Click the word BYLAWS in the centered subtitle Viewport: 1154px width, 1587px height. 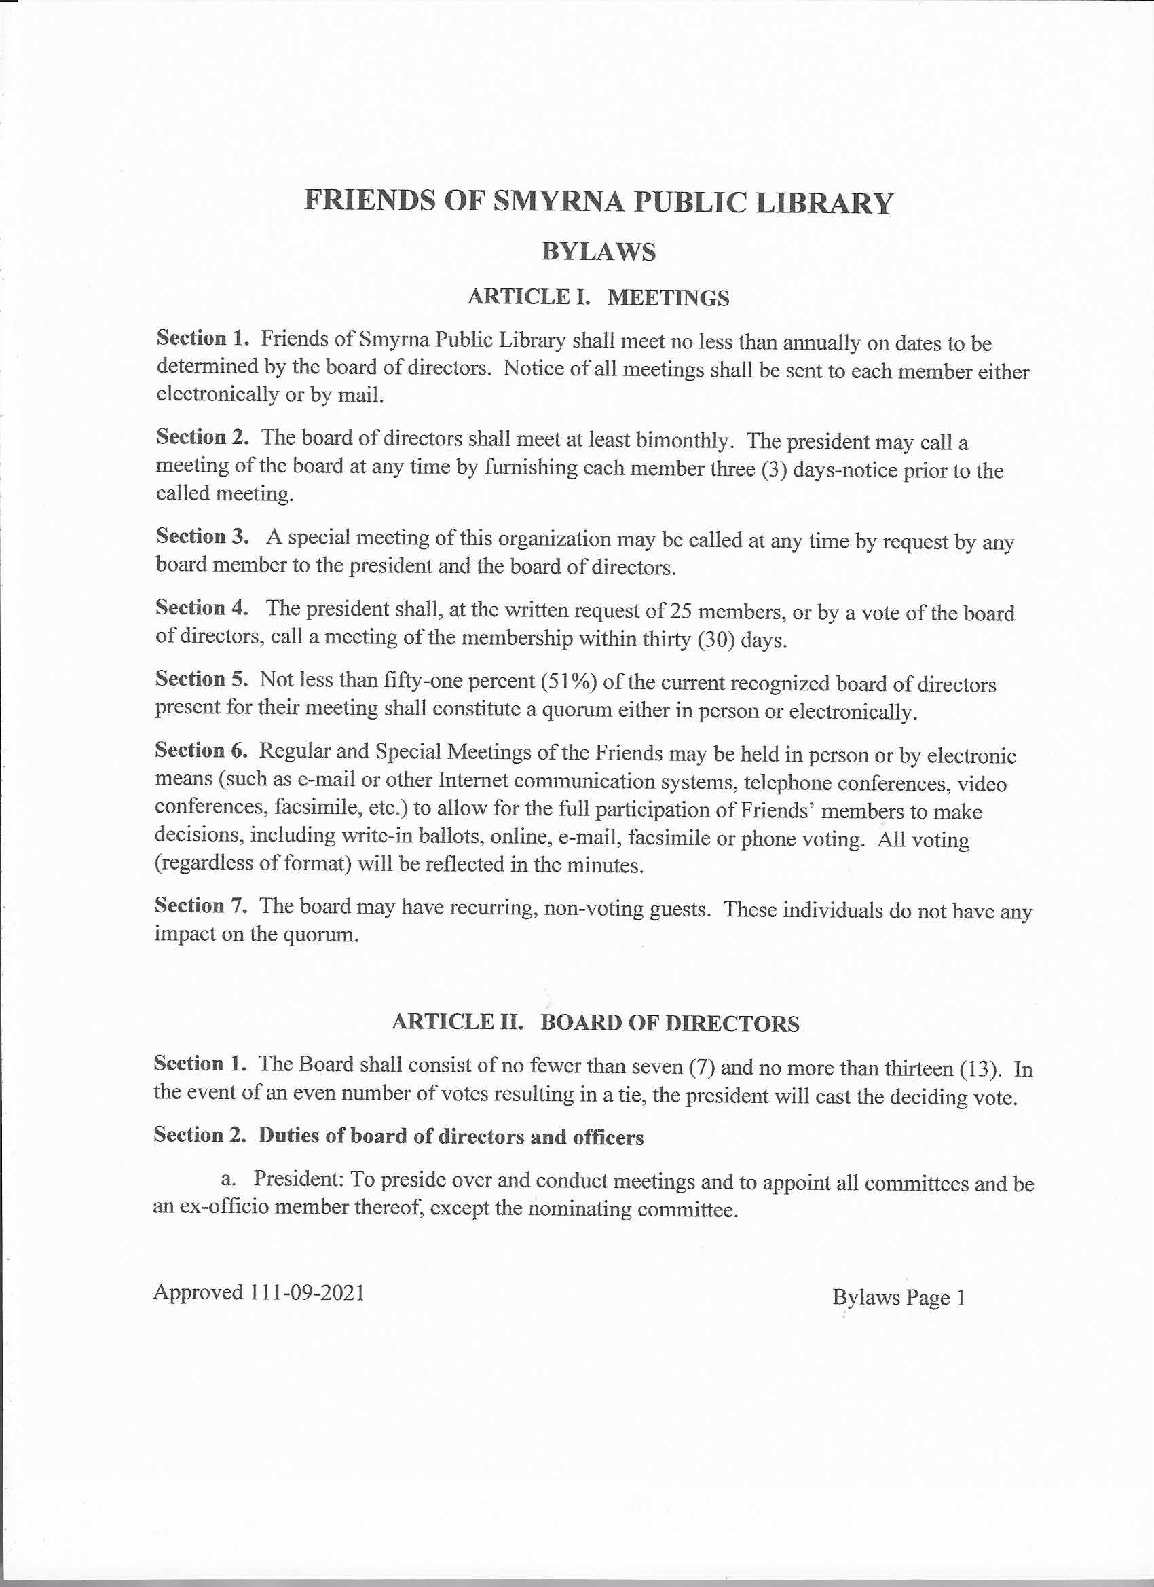(x=598, y=251)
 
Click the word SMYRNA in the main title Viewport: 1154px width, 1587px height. (x=558, y=202)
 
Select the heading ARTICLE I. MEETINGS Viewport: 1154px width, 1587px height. (x=598, y=297)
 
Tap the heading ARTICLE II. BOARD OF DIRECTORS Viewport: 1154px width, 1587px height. (x=595, y=1023)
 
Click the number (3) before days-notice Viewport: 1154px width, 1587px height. (x=774, y=470)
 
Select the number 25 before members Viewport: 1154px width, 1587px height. (x=681, y=612)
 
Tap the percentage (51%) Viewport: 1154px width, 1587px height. (x=572, y=682)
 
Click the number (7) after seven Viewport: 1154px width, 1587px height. (x=701, y=1067)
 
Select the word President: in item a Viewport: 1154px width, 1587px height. (x=298, y=1179)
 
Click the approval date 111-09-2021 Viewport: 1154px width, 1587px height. (x=307, y=1292)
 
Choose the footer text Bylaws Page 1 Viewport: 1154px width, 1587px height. (x=899, y=1298)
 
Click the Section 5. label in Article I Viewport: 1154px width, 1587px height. (x=202, y=679)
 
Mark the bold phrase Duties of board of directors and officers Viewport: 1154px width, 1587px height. (x=451, y=1136)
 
